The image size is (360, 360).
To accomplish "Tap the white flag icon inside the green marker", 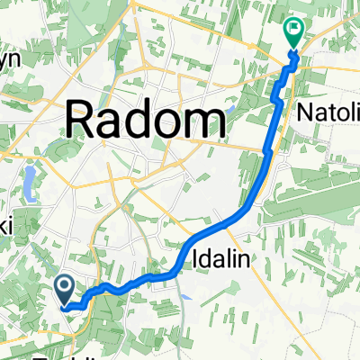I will click(x=294, y=31).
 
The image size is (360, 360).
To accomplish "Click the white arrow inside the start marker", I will click(x=66, y=286).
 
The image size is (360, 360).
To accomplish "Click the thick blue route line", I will click(x=266, y=162).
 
